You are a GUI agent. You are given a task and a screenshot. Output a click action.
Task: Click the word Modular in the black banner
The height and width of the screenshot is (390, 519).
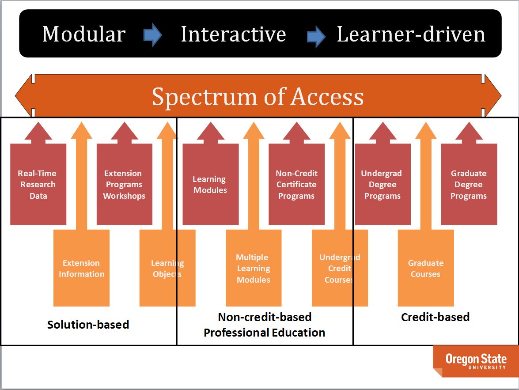pyautogui.click(x=84, y=34)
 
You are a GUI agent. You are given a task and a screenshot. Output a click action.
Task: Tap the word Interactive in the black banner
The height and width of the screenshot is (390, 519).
pyautogui.click(x=233, y=34)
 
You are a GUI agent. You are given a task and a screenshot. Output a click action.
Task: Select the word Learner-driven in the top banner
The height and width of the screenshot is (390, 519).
pyautogui.click(x=411, y=34)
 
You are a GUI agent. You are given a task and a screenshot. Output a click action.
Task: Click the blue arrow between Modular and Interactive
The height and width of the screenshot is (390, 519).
pyautogui.click(x=153, y=35)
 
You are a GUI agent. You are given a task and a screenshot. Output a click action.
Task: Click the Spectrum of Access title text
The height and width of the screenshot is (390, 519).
pyautogui.click(x=258, y=97)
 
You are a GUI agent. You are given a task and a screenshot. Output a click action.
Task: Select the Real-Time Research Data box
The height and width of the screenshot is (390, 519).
pyautogui.click(x=38, y=184)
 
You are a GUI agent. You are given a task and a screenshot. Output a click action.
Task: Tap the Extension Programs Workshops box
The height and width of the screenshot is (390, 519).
pyautogui.click(x=124, y=184)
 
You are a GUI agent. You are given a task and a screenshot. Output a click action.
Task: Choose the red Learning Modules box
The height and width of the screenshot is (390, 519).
pyautogui.click(x=210, y=184)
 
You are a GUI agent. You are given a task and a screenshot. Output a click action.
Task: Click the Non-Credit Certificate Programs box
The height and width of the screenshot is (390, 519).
pyautogui.click(x=296, y=184)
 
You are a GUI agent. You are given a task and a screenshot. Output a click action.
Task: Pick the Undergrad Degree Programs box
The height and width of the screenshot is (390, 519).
pyautogui.click(x=383, y=184)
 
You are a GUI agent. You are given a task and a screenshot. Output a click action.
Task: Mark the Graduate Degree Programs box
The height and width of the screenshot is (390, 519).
pyautogui.click(x=469, y=184)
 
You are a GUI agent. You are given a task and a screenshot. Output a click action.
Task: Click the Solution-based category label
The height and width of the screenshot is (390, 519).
pyautogui.click(x=88, y=325)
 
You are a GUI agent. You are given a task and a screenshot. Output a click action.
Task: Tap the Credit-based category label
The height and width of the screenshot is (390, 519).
pyautogui.click(x=435, y=317)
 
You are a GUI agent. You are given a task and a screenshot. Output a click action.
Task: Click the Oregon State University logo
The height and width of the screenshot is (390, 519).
pyautogui.click(x=475, y=360)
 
